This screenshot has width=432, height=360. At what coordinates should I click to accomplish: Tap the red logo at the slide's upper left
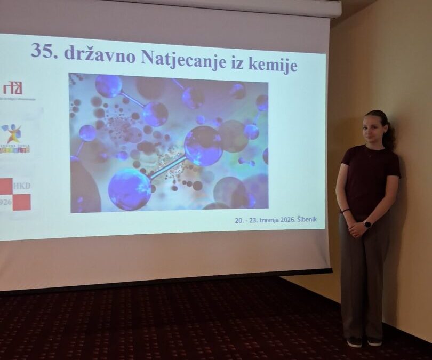click(12, 89)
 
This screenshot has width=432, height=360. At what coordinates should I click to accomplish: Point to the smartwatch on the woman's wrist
click(367, 225)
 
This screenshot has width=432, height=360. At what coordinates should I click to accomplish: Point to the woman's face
click(372, 129)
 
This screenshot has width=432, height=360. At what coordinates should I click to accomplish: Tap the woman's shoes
click(363, 341)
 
